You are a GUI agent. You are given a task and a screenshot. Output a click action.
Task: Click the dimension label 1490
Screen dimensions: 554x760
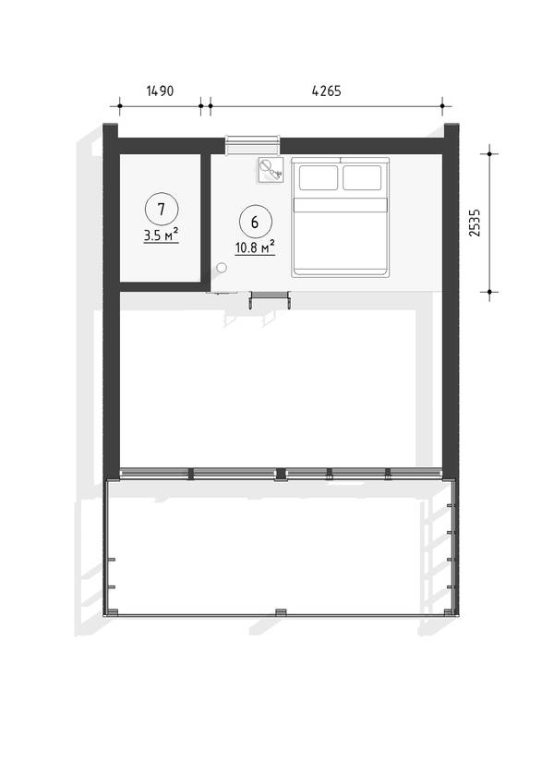160,90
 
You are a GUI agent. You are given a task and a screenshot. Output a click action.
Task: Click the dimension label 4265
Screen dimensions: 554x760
326,90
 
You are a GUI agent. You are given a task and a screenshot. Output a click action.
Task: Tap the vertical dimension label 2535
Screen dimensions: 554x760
475,223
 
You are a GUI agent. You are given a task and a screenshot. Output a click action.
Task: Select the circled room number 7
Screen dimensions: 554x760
162,209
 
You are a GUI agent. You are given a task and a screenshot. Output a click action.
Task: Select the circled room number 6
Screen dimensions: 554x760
255,222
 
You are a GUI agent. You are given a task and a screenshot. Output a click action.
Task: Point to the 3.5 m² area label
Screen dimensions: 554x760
161,235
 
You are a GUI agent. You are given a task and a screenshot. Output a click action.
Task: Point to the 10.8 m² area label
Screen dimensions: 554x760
255,248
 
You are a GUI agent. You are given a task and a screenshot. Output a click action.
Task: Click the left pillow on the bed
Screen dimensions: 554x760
319,178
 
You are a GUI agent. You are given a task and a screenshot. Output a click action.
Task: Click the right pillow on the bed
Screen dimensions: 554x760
362,178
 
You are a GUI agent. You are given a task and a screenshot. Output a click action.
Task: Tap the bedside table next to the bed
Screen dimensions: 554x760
271,170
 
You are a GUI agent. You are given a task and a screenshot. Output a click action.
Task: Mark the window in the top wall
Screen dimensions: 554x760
253,145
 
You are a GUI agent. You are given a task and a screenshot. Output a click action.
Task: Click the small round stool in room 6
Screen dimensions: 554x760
222,268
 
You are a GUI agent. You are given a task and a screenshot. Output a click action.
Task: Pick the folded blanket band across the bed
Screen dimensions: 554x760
341,204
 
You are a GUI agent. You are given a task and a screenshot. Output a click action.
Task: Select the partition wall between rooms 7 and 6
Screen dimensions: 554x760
206,221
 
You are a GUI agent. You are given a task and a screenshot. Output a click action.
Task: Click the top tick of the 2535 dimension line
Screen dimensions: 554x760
489,153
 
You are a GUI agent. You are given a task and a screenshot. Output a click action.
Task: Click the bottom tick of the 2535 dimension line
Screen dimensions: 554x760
489,292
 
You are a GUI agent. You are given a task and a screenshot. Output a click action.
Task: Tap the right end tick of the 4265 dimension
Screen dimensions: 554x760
442,105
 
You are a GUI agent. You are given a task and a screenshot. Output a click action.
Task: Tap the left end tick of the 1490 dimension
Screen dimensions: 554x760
119,105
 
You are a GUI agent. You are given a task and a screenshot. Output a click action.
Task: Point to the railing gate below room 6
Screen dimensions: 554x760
270,298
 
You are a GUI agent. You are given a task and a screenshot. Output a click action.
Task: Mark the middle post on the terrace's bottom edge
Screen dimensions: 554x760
280,612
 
